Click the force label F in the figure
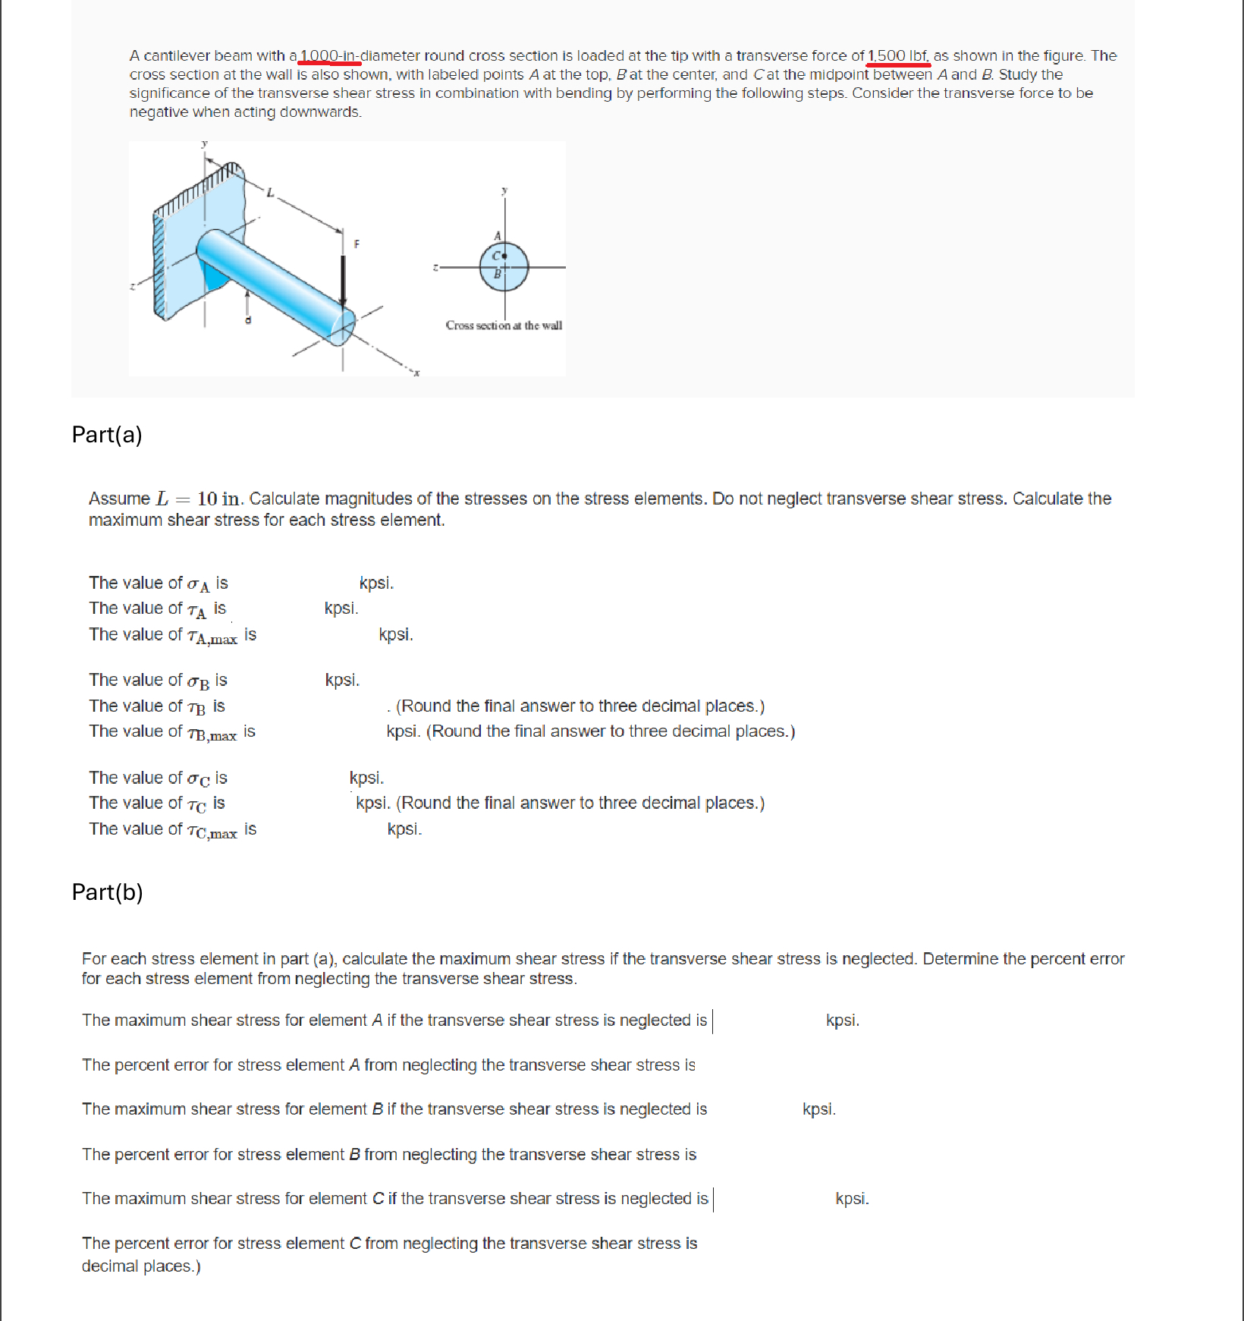357,244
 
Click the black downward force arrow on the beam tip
344,281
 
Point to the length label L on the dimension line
269,193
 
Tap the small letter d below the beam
247,320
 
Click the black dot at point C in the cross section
504,256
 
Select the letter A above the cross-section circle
498,236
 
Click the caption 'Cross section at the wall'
504,326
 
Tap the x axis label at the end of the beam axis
416,373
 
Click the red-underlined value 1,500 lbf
898,55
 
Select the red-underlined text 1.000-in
329,55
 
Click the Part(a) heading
107,435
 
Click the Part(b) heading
107,892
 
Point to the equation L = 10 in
198,499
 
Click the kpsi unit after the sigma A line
376,583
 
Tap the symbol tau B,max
212,733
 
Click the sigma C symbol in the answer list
199,778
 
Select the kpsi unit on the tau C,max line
404,829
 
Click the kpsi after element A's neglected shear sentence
842,1021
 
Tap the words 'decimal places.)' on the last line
141,1266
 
